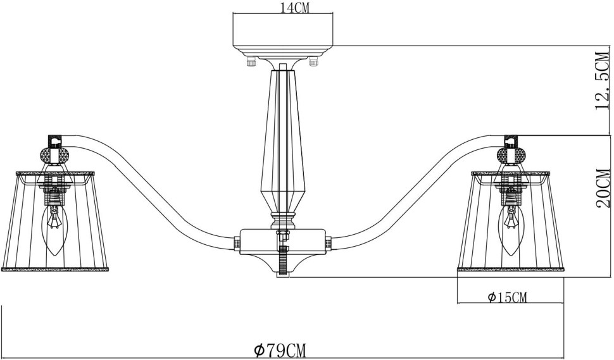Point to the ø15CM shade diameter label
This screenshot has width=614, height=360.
pos(507,297)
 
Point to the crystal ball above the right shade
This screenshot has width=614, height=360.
pos(511,154)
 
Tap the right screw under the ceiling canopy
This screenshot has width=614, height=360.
pos(312,62)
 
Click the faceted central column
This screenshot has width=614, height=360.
pos(282,139)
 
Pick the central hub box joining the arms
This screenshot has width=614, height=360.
pos(282,241)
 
